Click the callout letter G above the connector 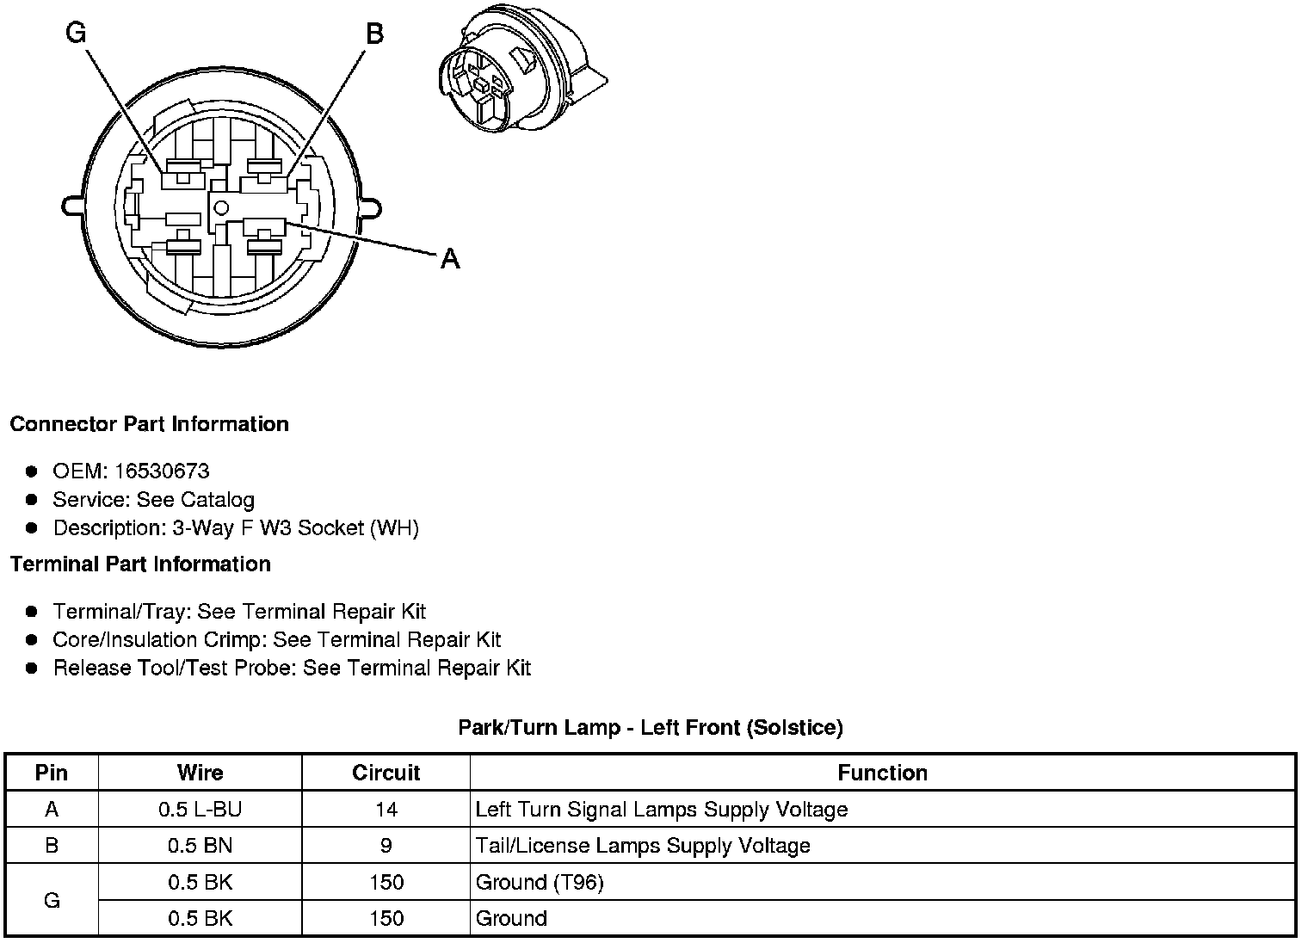click(76, 34)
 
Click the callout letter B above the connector click(374, 34)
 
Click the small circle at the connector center click(220, 206)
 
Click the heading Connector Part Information click(149, 424)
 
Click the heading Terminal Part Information click(140, 564)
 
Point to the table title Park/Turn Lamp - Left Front click(650, 728)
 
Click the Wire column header click(200, 773)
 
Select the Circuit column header click(386, 773)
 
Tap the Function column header click(882, 773)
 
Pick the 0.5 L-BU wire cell click(200, 810)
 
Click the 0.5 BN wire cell click(200, 846)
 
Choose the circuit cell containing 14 click(386, 810)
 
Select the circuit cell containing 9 click(386, 846)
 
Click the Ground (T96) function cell click(540, 882)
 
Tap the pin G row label click(52, 900)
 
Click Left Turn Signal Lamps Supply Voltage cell click(661, 810)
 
